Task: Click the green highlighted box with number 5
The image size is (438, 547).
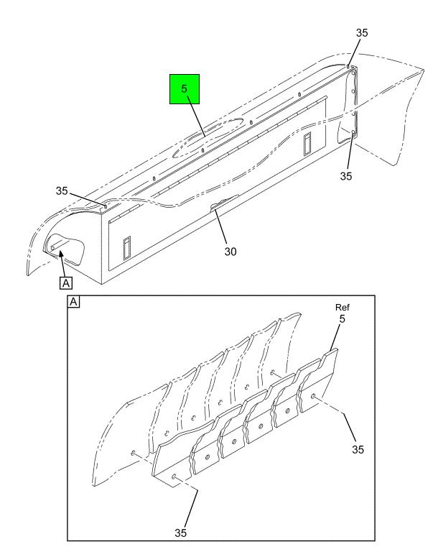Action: [x=185, y=89]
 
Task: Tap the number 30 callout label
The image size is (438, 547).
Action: [x=230, y=252]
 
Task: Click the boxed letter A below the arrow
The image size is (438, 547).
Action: [x=66, y=283]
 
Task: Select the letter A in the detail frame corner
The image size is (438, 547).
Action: [x=73, y=302]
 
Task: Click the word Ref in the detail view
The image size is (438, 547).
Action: [x=343, y=308]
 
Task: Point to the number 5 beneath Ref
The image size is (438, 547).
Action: [x=343, y=318]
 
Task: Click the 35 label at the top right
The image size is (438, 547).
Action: [x=362, y=33]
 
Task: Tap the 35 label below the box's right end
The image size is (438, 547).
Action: [x=346, y=176]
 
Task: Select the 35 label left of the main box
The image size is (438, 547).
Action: [x=62, y=190]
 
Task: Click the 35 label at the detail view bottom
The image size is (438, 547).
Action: [x=180, y=533]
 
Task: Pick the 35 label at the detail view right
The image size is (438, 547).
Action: [x=358, y=449]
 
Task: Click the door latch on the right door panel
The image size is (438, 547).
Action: [x=307, y=144]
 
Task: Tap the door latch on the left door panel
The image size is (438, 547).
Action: [x=127, y=248]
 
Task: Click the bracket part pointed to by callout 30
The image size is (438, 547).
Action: [x=224, y=203]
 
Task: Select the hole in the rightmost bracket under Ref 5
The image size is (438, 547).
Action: [x=313, y=396]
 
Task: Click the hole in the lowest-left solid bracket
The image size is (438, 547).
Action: [x=174, y=477]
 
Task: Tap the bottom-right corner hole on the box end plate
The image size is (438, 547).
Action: [x=353, y=133]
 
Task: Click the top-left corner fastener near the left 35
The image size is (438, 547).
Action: [x=106, y=206]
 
